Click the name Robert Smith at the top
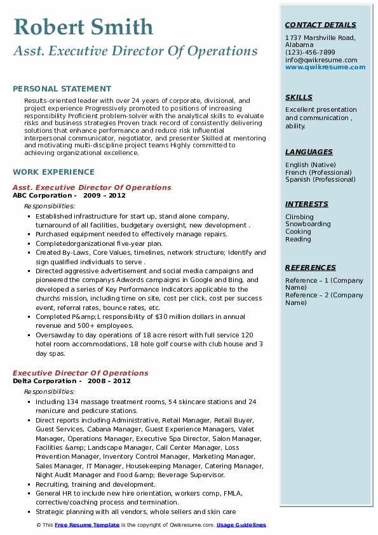tap(83, 27)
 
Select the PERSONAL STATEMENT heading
tap(62, 89)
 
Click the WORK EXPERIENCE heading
tap(53, 172)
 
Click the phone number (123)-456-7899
tap(310, 53)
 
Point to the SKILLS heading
tap(299, 98)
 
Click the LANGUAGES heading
tap(309, 152)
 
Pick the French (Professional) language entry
tap(318, 172)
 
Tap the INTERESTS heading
tap(307, 205)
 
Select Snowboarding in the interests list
tap(307, 224)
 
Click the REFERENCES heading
tap(311, 268)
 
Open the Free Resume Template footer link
tap(86, 525)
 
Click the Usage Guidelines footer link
tap(241, 525)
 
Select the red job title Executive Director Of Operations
tap(80, 373)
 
